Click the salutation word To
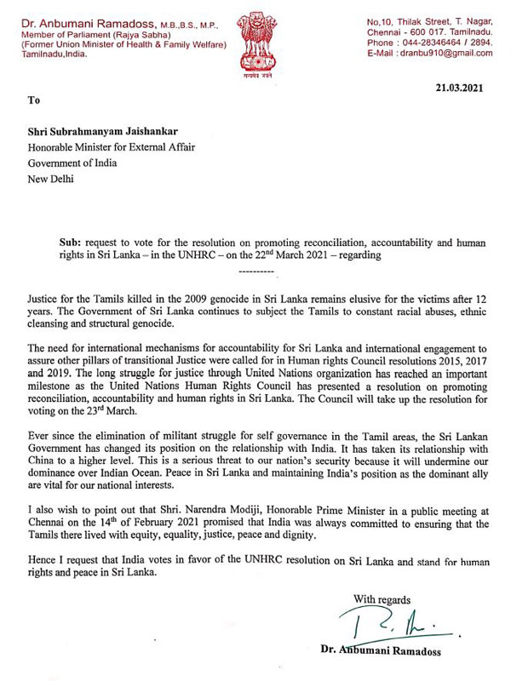(33, 100)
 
